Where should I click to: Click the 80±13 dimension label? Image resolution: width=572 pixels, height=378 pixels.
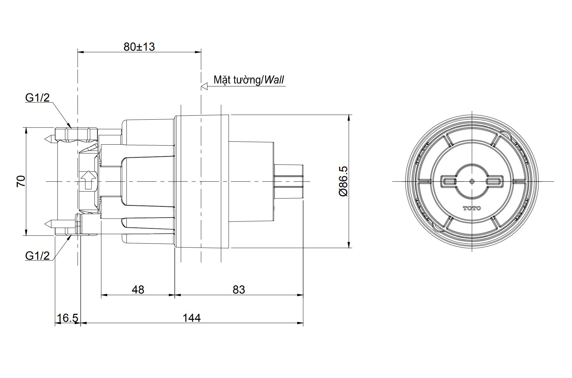[139, 47]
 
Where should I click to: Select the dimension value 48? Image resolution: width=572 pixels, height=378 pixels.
[138, 290]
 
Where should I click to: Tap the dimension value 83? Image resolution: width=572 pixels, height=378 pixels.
[239, 290]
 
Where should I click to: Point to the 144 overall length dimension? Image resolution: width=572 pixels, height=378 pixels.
[192, 318]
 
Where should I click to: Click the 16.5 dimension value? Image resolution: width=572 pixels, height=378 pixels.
[67, 318]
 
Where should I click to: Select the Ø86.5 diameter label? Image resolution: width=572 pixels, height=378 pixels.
[343, 181]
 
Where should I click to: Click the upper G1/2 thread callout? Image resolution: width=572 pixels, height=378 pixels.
[37, 98]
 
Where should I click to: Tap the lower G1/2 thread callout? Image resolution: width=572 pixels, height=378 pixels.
[37, 256]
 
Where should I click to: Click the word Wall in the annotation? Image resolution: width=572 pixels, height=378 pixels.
[274, 80]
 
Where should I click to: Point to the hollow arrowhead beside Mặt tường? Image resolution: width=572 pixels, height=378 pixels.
[204, 86]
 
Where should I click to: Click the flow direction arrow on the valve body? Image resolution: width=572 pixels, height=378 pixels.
[88, 180]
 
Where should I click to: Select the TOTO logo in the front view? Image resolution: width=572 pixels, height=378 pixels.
[472, 208]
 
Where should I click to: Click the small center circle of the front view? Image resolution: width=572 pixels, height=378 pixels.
[472, 181]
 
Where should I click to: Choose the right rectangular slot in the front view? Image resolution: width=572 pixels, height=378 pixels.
[495, 181]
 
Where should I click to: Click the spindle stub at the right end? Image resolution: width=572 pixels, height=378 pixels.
[289, 181]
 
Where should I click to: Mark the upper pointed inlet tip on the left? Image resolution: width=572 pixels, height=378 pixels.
[48, 138]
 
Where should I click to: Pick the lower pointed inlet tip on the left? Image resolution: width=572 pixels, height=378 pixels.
[48, 224]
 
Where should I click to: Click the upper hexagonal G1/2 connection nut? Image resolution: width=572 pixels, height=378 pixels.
[76, 133]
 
